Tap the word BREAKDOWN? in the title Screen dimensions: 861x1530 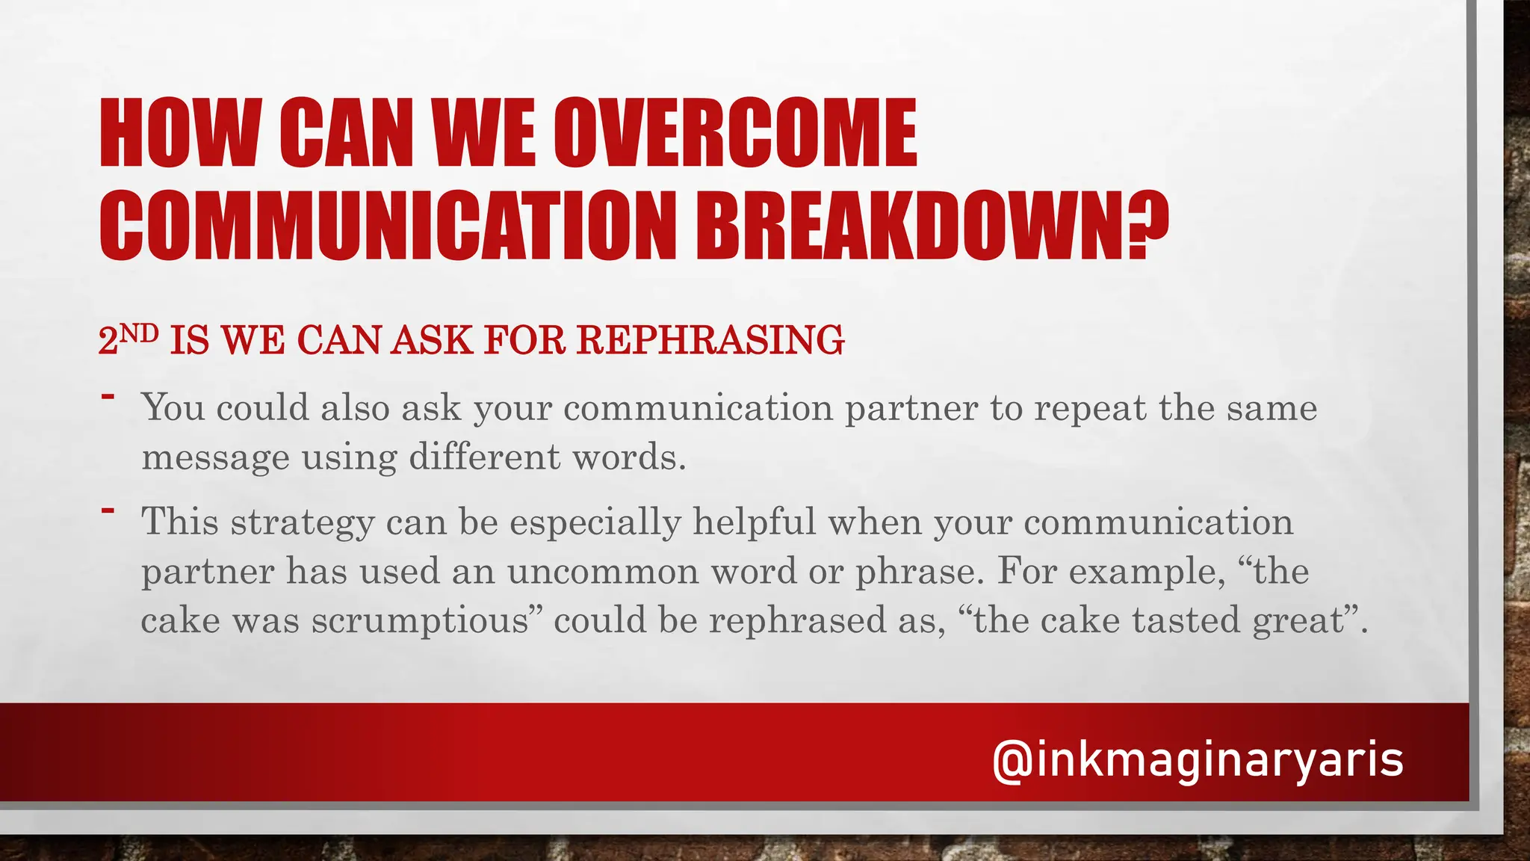[x=933, y=225]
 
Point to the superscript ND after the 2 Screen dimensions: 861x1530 [x=139, y=333]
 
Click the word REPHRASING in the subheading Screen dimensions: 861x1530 [x=710, y=340]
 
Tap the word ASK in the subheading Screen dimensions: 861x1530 [x=433, y=340]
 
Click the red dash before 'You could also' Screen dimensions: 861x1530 [x=108, y=396]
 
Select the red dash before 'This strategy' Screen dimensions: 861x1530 [x=108, y=511]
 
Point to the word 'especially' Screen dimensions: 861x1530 [x=595, y=522]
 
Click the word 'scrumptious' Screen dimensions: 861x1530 [x=421, y=621]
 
